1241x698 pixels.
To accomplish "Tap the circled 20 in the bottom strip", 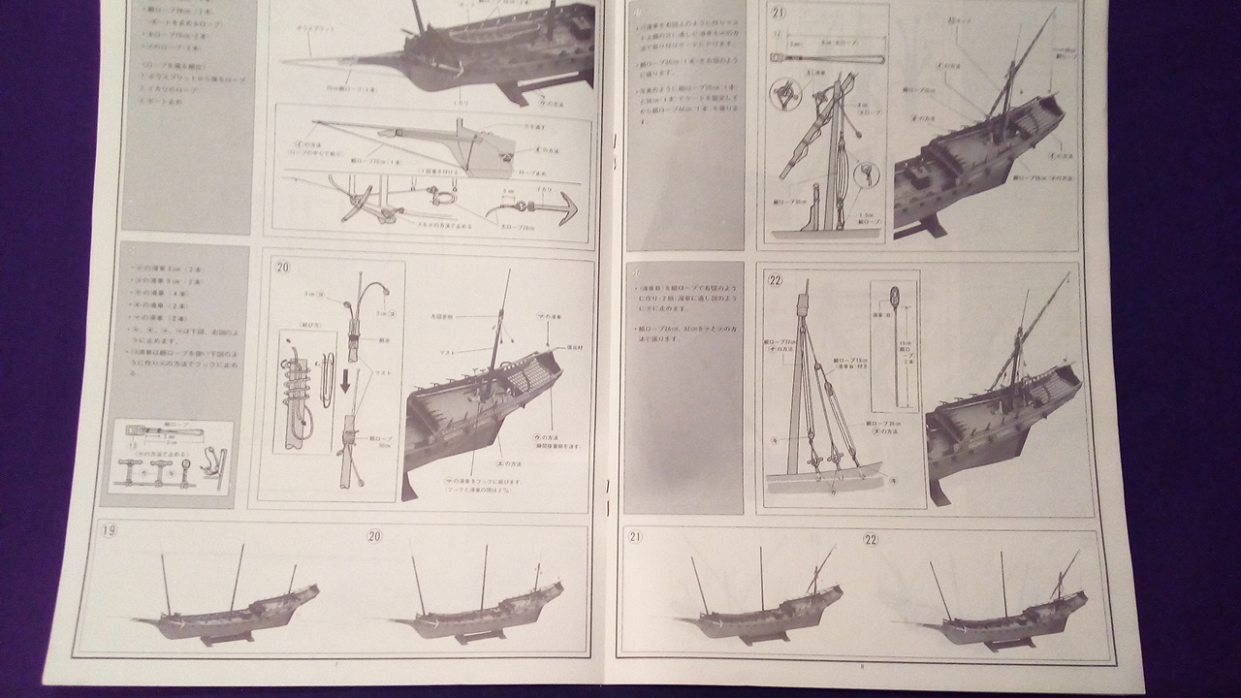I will pos(375,536).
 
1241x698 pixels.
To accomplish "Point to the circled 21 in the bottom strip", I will pos(635,536).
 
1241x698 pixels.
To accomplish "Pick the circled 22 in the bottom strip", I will pos(871,539).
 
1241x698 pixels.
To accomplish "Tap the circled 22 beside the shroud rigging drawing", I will pos(775,280).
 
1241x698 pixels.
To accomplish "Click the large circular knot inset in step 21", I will pos(784,96).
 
